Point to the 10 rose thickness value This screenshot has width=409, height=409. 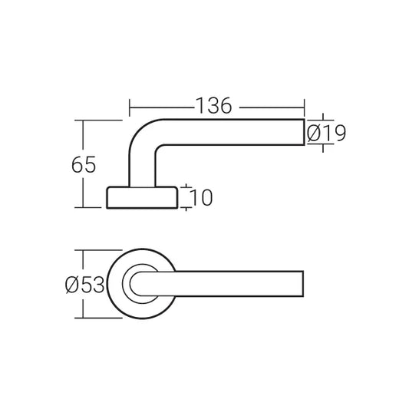[x=199, y=198]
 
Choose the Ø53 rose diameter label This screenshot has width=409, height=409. [x=84, y=285]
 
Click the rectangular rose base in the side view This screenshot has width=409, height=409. [x=141, y=197]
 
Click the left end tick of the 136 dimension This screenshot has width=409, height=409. [x=129, y=107]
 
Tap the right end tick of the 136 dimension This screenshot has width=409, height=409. [x=305, y=107]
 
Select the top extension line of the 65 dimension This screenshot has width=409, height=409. [x=100, y=120]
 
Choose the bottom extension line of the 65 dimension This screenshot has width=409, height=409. [x=92, y=208]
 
